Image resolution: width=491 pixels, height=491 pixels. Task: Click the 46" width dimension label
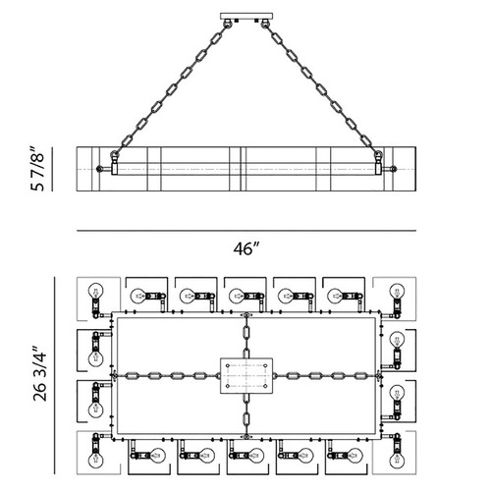point(246,248)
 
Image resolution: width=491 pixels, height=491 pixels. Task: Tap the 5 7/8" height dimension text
point(37,168)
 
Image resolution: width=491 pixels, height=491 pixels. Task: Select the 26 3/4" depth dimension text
point(39,373)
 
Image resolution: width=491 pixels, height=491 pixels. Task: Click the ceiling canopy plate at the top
point(246,16)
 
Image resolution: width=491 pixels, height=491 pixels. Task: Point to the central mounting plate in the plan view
point(246,375)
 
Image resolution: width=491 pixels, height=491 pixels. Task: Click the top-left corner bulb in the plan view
point(96,291)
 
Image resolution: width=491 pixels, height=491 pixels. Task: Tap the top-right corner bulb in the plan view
point(397,291)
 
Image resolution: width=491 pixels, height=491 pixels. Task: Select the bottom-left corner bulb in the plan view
point(95,460)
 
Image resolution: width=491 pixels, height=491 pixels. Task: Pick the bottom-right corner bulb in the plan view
point(397,460)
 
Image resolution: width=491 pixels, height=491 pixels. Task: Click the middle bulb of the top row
point(237,296)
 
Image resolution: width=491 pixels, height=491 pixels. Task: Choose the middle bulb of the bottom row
point(256,456)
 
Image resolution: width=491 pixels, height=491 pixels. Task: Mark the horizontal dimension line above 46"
point(246,231)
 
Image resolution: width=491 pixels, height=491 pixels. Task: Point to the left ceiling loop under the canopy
point(228,24)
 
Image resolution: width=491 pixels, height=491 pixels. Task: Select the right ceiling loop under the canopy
point(265,24)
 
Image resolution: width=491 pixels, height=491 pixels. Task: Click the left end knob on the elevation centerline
point(99,169)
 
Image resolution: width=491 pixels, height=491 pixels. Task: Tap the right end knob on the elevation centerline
point(394,169)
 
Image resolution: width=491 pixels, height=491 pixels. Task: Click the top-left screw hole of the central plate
point(228,365)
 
